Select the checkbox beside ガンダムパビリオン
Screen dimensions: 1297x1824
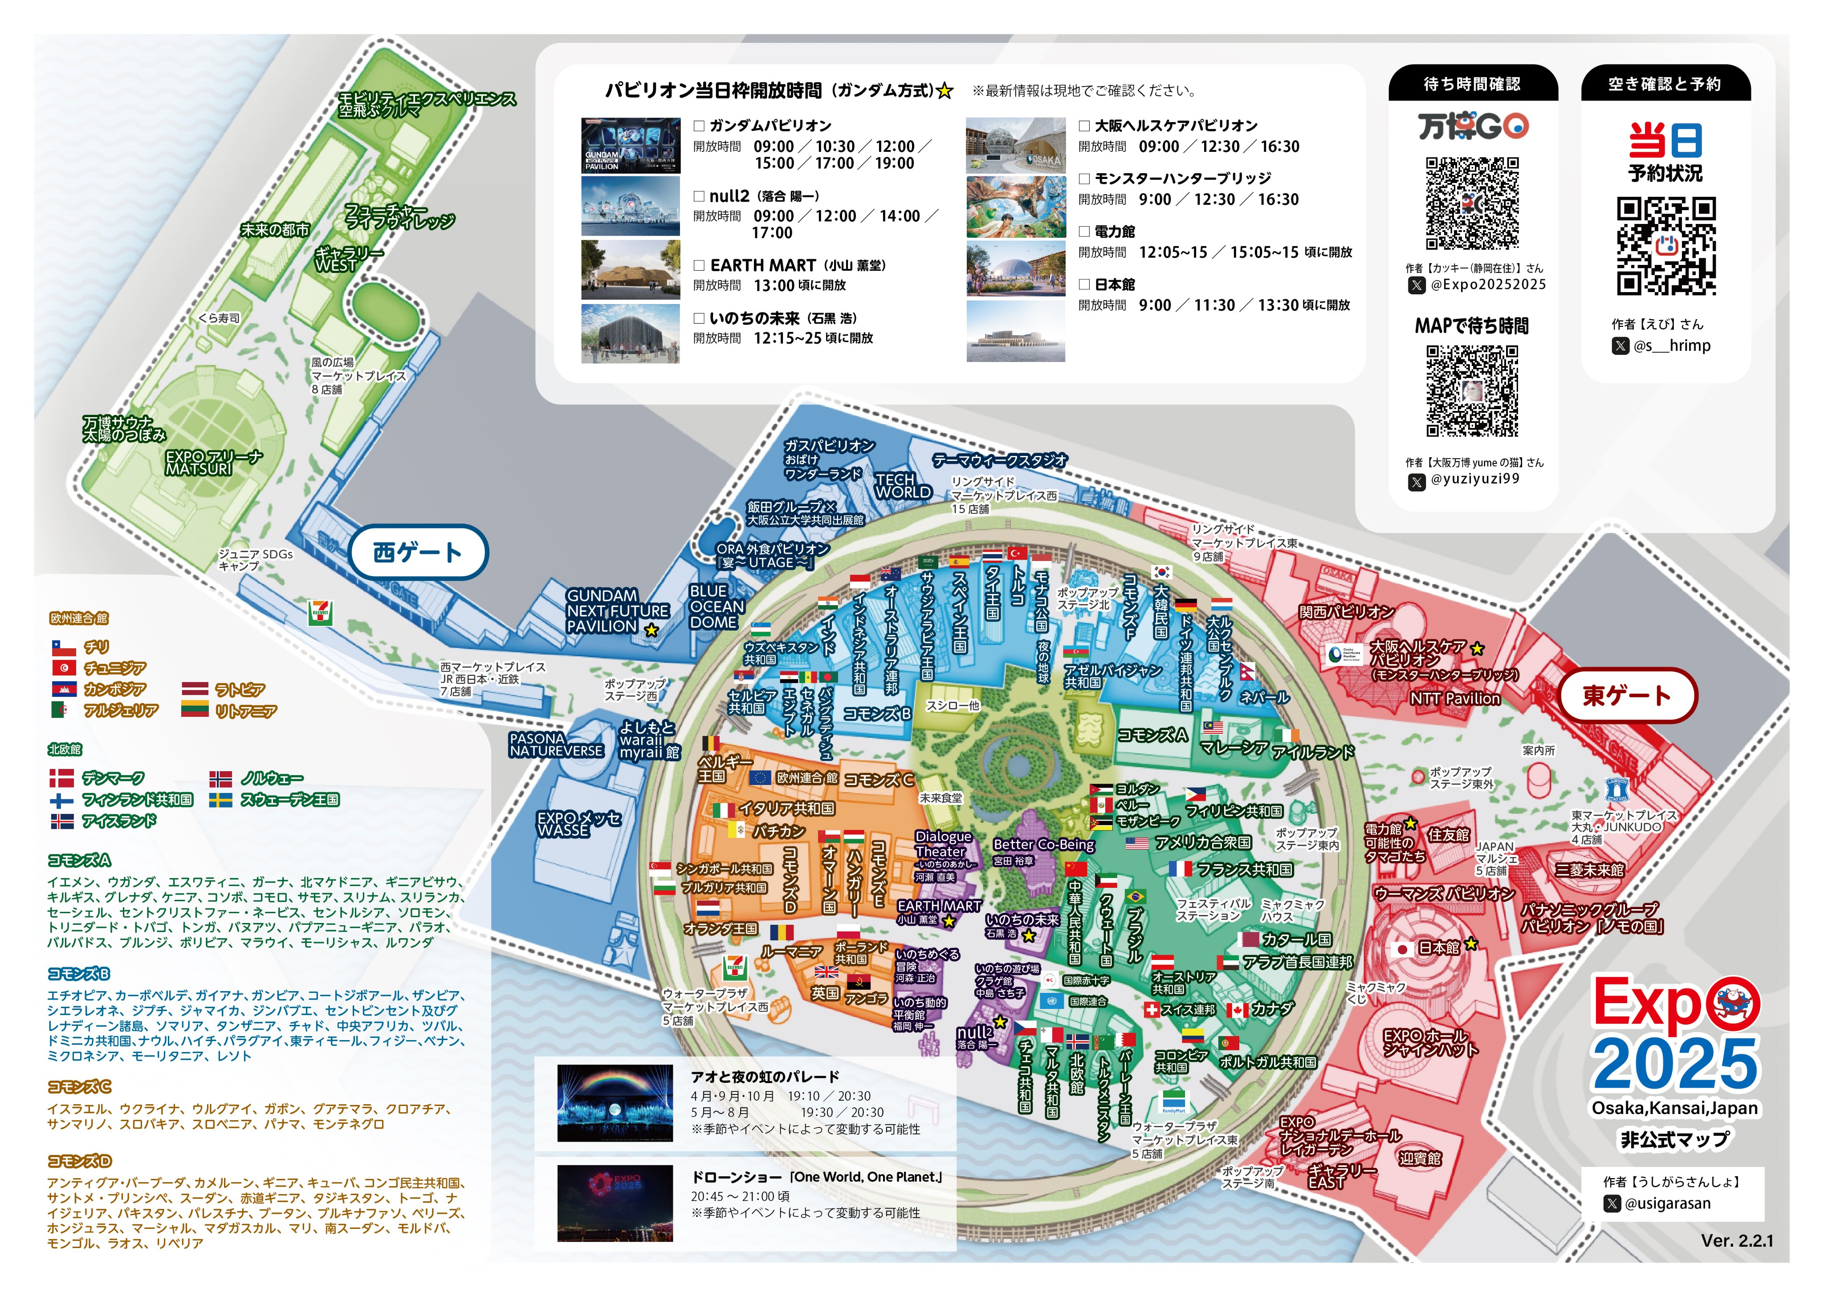pos(699,126)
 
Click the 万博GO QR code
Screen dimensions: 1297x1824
pos(1472,203)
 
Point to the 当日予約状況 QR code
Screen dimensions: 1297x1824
pos(1666,246)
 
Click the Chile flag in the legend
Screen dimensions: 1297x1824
pos(63,647)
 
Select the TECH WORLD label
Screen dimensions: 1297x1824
pos(902,486)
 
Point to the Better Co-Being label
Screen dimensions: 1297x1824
pos(1043,844)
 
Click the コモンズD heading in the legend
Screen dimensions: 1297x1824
pos(79,1160)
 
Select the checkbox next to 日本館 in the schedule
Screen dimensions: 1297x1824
pos(1084,285)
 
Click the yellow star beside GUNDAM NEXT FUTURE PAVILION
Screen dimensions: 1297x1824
pos(651,630)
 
